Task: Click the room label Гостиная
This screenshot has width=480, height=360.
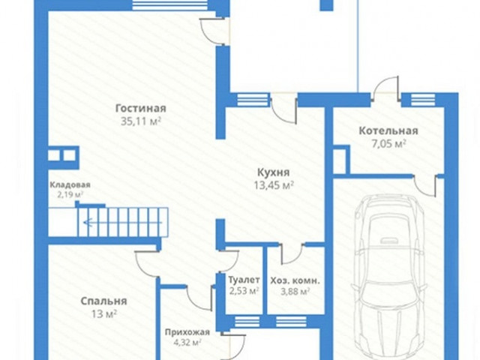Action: [141, 108]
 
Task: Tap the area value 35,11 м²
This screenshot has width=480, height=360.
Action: [141, 121]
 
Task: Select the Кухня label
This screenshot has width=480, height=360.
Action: [273, 172]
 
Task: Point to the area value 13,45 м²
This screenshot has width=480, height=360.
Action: [274, 185]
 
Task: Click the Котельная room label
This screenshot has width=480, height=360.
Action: [388, 130]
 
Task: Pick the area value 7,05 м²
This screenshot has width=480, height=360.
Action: [388, 143]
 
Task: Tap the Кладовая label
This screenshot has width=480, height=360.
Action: [70, 185]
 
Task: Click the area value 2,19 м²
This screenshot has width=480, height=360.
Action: [70, 194]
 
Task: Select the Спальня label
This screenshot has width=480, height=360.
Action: [103, 301]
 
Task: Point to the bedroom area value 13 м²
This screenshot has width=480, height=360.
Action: [103, 314]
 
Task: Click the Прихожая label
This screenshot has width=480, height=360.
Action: [187, 332]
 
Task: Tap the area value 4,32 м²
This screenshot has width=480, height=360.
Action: [187, 342]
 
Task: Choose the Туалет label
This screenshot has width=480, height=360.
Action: [244, 280]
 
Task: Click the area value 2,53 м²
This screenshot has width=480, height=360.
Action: [244, 290]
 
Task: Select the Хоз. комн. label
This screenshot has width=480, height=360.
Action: [295, 280]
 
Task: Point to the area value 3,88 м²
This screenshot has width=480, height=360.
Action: [295, 291]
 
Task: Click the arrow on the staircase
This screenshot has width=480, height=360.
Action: [122, 223]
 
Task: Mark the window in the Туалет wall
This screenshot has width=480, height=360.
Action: [247, 322]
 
